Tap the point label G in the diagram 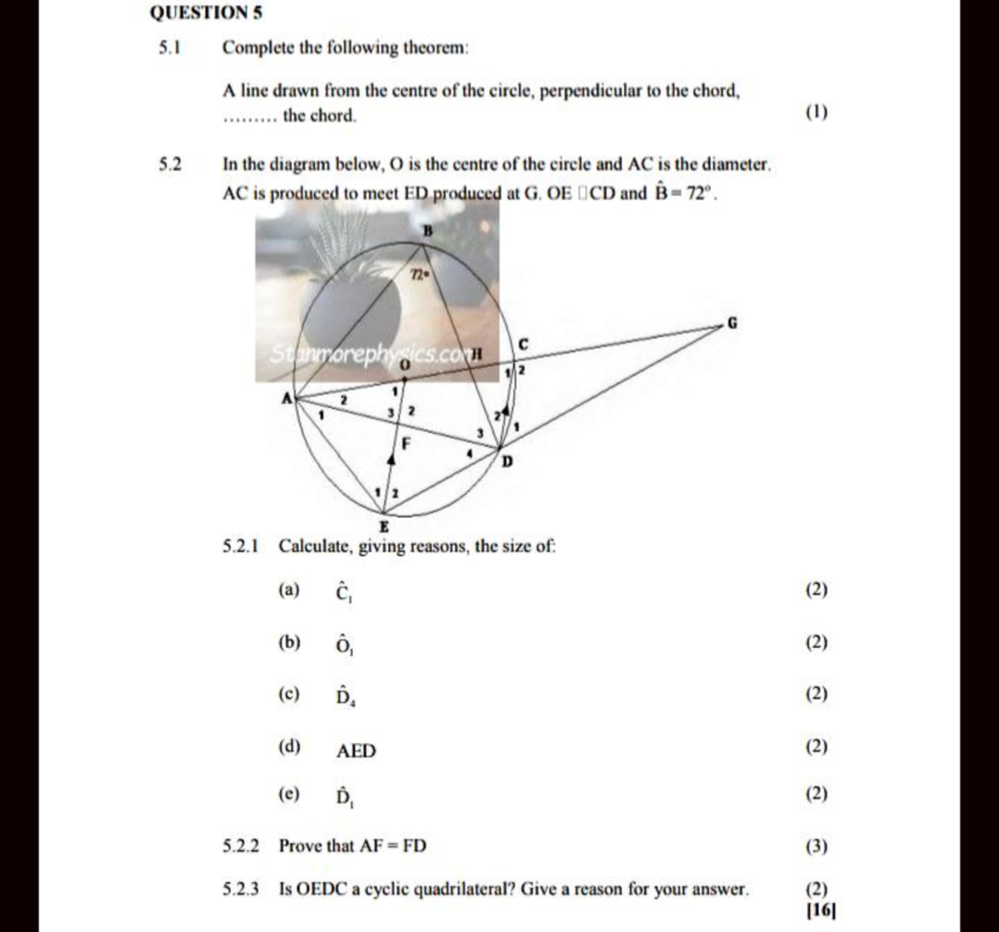point(733,323)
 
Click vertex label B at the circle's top point(429,231)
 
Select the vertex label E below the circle point(384,527)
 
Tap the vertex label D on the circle point(505,462)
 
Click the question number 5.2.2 point(241,846)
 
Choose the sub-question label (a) point(289,590)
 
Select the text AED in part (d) point(355,751)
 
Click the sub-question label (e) point(289,795)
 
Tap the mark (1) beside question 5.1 point(817,112)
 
